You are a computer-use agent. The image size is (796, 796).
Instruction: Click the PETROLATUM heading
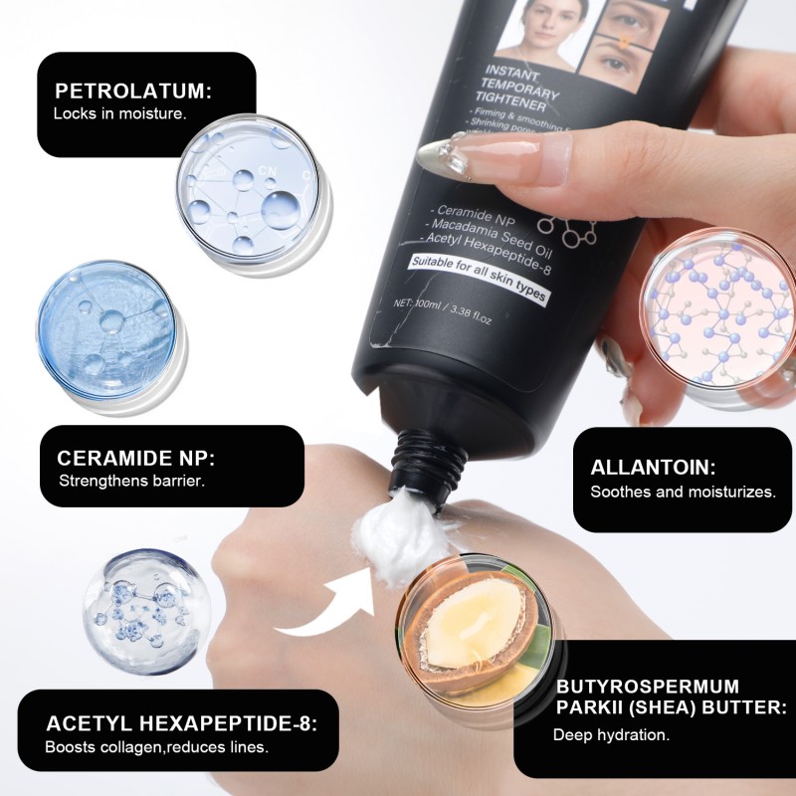pyautogui.click(x=132, y=92)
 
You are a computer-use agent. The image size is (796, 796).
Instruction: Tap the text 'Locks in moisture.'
pyautogui.click(x=119, y=113)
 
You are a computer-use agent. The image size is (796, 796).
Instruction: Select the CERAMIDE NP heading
pyautogui.click(x=136, y=460)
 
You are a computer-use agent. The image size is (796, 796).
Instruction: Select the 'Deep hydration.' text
pyautogui.click(x=611, y=735)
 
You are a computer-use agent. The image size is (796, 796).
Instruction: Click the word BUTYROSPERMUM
pyautogui.click(x=648, y=687)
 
